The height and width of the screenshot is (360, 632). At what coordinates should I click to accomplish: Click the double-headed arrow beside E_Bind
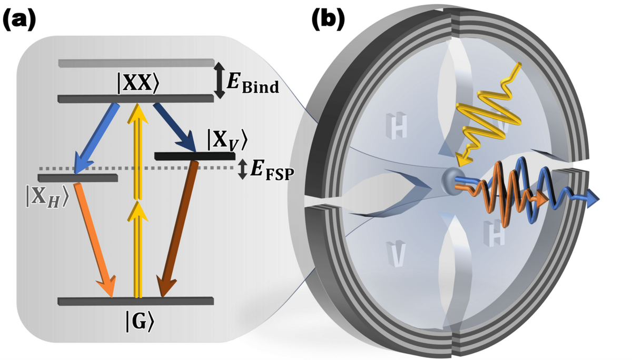point(220,79)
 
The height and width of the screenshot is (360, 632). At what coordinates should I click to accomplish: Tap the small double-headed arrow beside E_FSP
point(243,169)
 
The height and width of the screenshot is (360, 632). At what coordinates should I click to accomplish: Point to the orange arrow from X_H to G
point(95,239)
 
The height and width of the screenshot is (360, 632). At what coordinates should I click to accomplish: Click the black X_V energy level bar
point(195,156)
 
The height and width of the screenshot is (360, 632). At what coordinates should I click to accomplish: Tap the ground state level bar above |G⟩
point(136,302)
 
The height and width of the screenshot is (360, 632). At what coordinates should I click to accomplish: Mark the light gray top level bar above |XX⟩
point(136,63)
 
